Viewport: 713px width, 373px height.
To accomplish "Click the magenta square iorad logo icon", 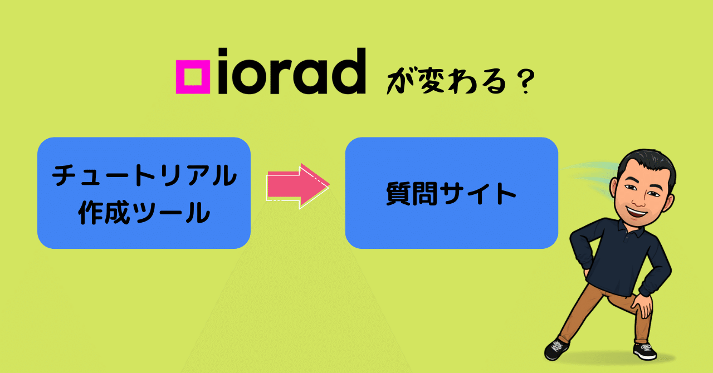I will click(193, 76).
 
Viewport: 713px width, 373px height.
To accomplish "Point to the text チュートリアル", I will click(144, 176).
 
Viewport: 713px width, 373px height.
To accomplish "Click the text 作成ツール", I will click(144, 212).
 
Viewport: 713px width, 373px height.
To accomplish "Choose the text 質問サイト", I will click(451, 194).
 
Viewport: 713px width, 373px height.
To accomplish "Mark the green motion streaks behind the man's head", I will click(590, 175).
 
